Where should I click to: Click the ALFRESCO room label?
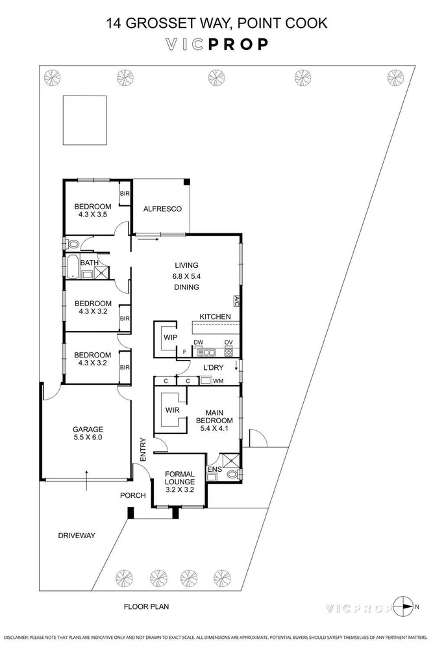point(162,209)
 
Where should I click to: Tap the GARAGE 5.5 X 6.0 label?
point(88,433)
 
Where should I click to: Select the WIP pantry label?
point(170,337)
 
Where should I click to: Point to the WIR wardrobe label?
point(172,410)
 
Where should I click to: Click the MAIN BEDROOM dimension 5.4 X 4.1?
point(214,428)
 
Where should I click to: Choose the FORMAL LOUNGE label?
point(180,478)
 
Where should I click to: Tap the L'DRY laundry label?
point(213,367)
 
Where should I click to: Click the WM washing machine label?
point(219,381)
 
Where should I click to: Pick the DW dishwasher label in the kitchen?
point(198,343)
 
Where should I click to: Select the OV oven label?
point(229,343)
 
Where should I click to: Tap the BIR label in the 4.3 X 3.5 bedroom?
point(125,194)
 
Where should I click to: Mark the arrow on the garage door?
point(86,480)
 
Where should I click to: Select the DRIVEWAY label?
point(77,536)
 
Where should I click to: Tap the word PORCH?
point(133,495)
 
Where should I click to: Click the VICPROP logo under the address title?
point(217,45)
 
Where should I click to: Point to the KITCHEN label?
point(216,317)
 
